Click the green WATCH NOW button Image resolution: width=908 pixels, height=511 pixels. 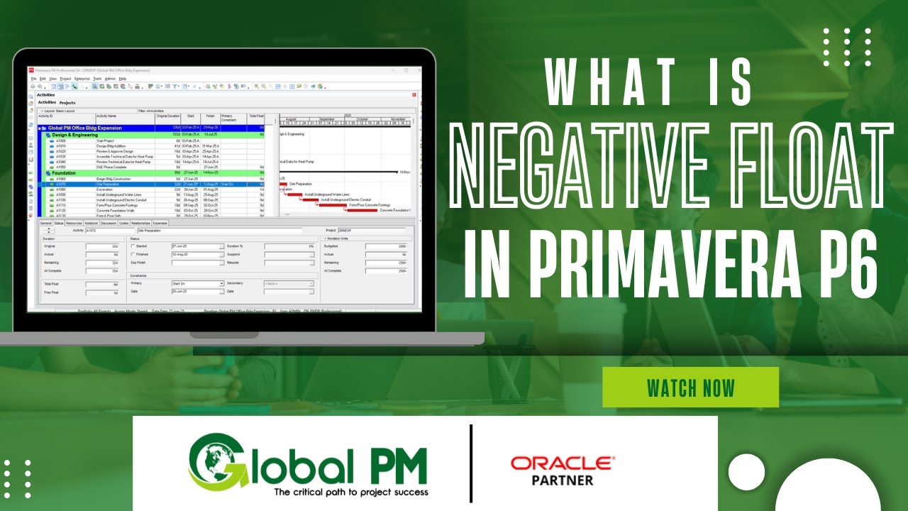pos(690,388)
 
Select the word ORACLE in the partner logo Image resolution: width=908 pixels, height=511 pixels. pos(563,464)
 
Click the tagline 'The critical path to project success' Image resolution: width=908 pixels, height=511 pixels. pos(350,492)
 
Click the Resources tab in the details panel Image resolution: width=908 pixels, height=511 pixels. pos(74,223)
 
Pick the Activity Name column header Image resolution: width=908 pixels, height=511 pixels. pos(106,116)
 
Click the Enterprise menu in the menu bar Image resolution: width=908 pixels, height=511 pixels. pos(82,79)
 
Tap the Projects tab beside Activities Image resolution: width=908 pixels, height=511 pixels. pos(67,103)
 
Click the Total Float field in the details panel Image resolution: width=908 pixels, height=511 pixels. pos(101,283)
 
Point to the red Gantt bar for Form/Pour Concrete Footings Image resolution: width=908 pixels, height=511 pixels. pos(333,205)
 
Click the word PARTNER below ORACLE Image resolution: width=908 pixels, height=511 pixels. pos(563,480)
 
